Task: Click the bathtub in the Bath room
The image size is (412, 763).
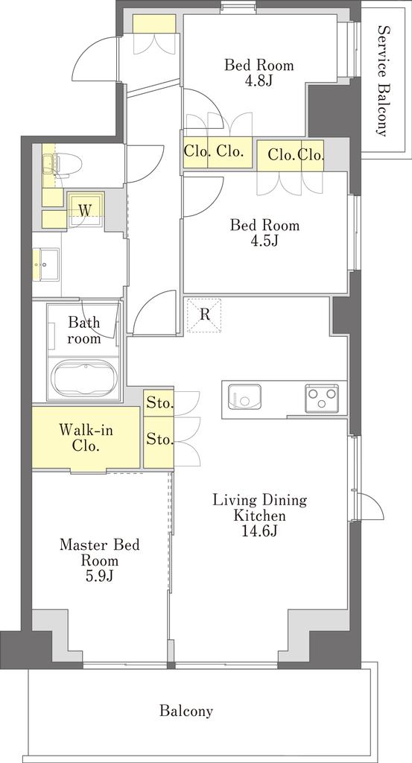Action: pos(86,379)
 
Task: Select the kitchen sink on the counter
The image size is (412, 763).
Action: pos(241,398)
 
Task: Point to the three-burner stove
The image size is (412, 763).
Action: pos(321,398)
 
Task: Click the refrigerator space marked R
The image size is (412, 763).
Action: pos(204,315)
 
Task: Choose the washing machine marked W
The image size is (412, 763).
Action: pos(86,209)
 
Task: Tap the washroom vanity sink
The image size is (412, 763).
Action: pos(45,265)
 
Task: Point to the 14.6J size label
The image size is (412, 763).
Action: pos(260,531)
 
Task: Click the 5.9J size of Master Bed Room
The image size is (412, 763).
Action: pos(100,576)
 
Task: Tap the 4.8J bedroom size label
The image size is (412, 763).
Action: pos(259,80)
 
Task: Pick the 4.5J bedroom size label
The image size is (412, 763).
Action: pos(264,241)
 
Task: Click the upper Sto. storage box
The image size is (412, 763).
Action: pos(159,403)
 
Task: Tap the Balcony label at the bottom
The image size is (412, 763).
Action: pos(186,711)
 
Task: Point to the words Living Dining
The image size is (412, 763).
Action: pos(260,500)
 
